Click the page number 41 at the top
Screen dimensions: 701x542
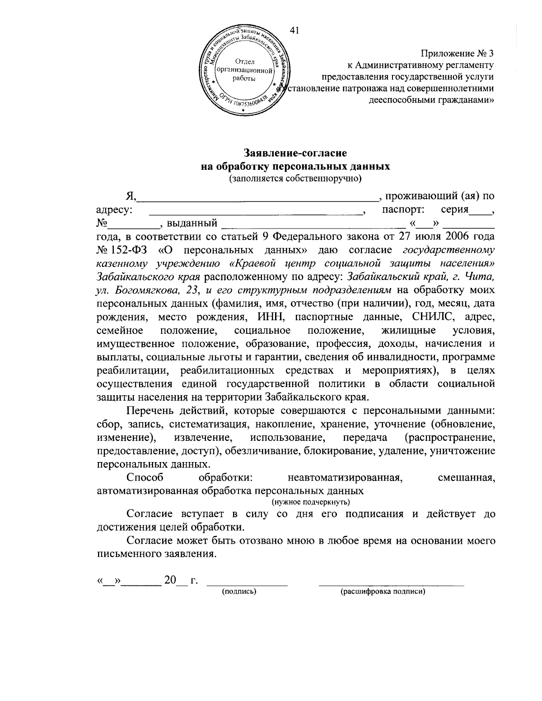point(294,30)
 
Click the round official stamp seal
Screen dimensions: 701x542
point(244,71)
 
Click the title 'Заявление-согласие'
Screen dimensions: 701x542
point(295,154)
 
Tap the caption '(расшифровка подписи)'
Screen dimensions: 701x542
point(383,591)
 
